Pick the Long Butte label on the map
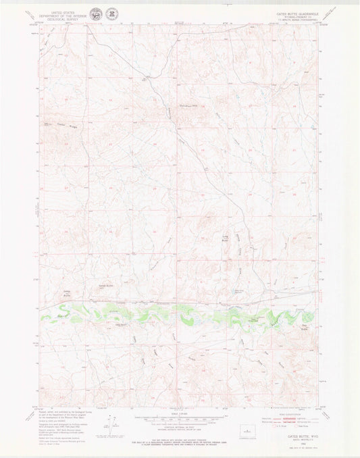tap(226, 238)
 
